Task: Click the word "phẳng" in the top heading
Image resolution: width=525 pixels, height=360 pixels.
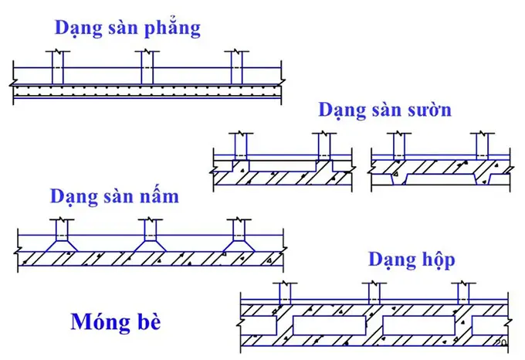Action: (172, 28)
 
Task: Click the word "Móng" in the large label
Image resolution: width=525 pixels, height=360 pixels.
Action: (100, 322)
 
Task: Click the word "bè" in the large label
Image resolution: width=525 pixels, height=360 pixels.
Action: (149, 322)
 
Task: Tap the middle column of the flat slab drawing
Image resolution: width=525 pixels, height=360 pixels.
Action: (147, 67)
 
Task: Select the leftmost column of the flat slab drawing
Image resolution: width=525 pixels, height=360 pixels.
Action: (58, 67)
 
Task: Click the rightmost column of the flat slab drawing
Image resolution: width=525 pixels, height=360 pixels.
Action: (237, 67)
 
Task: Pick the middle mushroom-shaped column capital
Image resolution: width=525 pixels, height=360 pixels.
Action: (150, 246)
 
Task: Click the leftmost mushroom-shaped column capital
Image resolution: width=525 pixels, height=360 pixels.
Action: (62, 246)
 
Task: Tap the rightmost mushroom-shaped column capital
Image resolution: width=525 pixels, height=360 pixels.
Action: (239, 246)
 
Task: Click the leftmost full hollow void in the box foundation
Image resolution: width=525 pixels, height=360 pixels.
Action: (329, 325)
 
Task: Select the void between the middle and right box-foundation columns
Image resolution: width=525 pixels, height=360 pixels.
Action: (418, 325)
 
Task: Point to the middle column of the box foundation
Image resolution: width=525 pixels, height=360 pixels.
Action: (374, 294)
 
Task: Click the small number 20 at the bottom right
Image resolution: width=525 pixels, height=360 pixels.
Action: (501, 342)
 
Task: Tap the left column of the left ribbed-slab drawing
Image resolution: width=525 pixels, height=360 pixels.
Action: (241, 146)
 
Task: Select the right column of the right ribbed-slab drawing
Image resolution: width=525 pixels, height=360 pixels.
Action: (482, 146)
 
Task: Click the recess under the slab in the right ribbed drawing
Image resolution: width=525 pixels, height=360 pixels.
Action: (442, 179)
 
